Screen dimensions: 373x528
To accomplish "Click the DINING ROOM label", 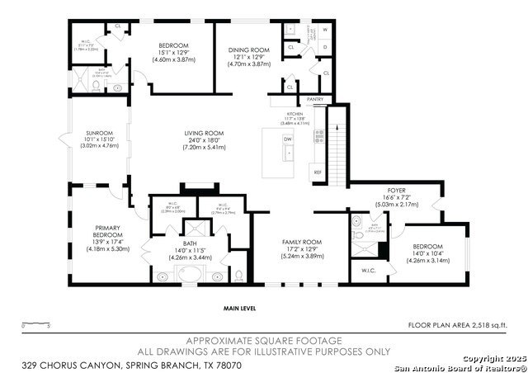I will pos(249,50).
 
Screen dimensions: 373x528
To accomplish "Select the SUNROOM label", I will pos(98,132).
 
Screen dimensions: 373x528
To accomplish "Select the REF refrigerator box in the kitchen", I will pos(318,172).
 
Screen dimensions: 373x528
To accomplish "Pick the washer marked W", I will pos(324,31).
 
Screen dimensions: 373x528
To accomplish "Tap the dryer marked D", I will pos(324,47).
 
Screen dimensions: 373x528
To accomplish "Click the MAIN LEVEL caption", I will pos(240,308).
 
